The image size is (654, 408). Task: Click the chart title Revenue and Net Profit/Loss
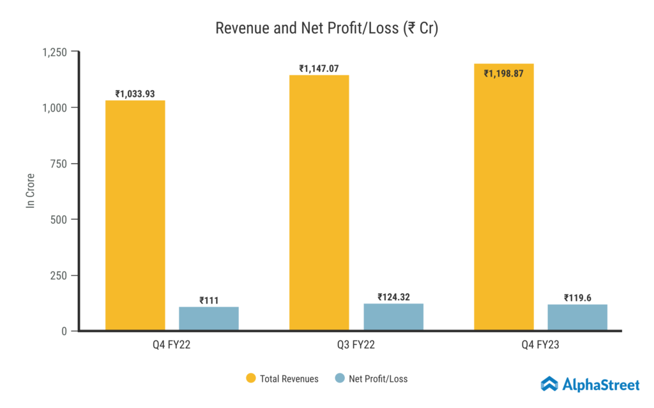click(326, 29)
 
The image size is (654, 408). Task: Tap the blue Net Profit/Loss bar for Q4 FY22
click(209, 318)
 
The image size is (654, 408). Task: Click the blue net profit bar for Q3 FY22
click(393, 317)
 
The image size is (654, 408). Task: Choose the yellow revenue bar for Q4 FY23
click(504, 197)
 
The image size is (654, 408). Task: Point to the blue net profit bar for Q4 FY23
click(577, 317)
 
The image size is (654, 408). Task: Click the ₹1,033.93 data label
click(135, 94)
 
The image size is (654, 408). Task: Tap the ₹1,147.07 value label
click(319, 68)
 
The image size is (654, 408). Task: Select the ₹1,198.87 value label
click(504, 73)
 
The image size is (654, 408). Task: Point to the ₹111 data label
click(209, 300)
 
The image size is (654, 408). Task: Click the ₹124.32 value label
click(393, 297)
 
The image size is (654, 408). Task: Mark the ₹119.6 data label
click(577, 298)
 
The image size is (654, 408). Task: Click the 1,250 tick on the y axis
click(55, 52)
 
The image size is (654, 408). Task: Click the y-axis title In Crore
click(30, 191)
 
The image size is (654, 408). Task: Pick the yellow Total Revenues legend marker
click(251, 379)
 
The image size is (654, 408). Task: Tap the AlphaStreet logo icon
click(549, 383)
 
